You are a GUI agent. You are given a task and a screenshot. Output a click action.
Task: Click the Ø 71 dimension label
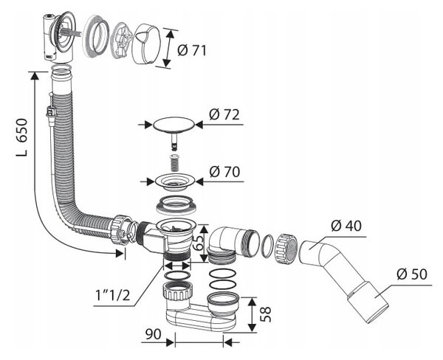point(192,51)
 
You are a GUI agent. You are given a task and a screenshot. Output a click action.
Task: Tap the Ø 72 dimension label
point(224,114)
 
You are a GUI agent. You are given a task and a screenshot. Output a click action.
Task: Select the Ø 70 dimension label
point(224,172)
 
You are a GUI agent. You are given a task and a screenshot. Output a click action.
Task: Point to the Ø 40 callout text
point(346,226)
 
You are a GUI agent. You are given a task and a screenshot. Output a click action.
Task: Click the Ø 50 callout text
point(412,274)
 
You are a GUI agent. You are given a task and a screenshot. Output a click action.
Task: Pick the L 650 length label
point(21,137)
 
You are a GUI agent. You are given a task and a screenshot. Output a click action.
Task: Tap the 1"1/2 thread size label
point(113,295)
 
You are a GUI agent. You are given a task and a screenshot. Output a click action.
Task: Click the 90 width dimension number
point(153,334)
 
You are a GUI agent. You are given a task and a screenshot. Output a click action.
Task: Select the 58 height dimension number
point(266,314)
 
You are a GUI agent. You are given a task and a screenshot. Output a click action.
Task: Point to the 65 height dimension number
point(198,242)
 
